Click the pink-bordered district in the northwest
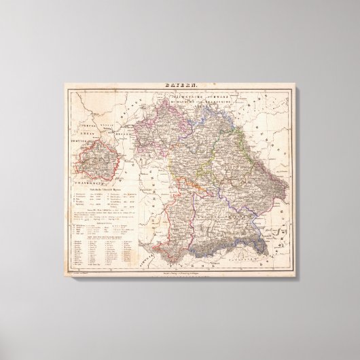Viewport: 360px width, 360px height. pyautogui.click(x=153, y=129)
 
